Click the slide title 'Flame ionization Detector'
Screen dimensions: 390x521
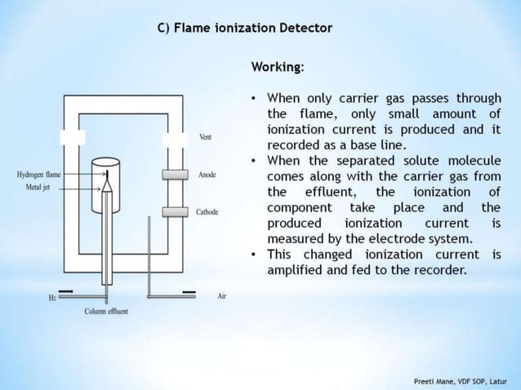244,28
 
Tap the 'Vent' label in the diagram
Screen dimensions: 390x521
205,137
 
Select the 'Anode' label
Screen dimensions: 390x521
207,175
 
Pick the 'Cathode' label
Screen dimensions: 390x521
207,212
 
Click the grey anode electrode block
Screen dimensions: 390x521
174,175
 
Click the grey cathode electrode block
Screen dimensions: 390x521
174,212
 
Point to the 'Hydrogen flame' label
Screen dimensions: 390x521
38,175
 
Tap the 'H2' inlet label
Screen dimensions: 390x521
53,298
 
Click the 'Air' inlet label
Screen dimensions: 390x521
222,296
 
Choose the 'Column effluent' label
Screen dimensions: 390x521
106,312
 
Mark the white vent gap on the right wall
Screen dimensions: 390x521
174,138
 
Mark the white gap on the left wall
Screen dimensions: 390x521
73,137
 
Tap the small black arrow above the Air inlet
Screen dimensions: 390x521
189,290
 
